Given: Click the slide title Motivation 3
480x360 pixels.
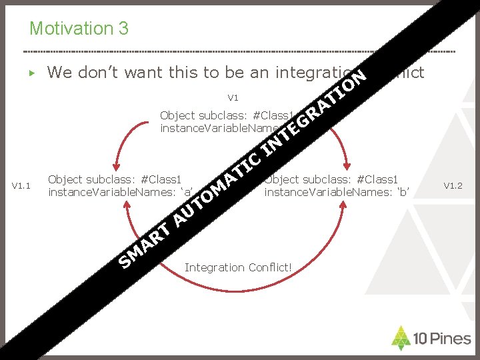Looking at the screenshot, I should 79,29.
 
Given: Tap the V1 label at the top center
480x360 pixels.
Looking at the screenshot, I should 233,98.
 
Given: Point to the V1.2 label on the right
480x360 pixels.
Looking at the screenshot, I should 453,186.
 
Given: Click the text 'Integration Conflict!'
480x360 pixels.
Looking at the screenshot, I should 238,267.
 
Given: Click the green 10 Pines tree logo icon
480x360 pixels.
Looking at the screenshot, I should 401,338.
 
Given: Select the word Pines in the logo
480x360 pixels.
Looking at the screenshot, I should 450,339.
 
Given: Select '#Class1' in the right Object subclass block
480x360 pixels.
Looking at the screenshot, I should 378,179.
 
